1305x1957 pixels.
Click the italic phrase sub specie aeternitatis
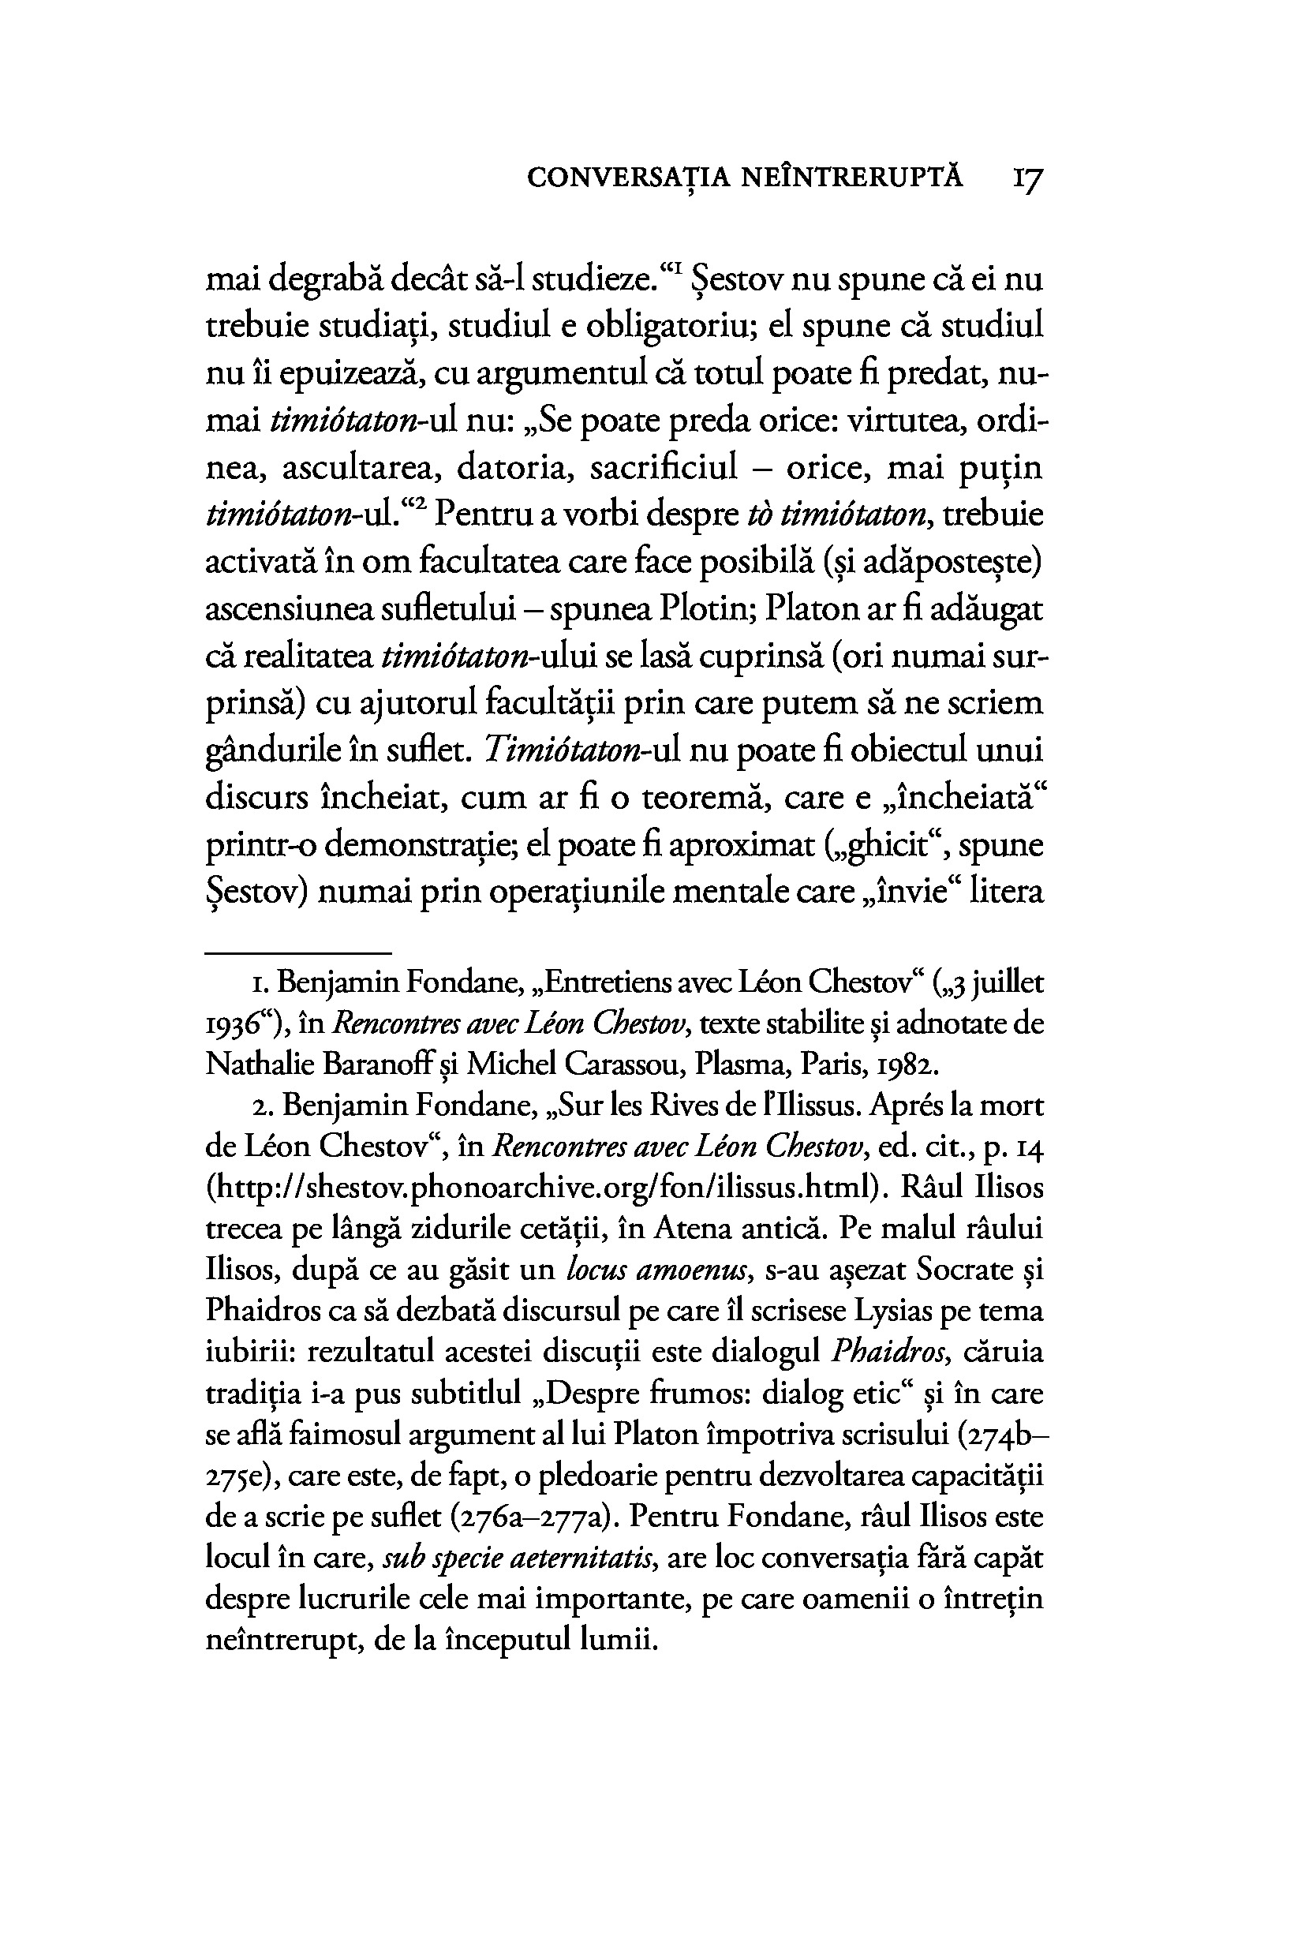coord(518,1558)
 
